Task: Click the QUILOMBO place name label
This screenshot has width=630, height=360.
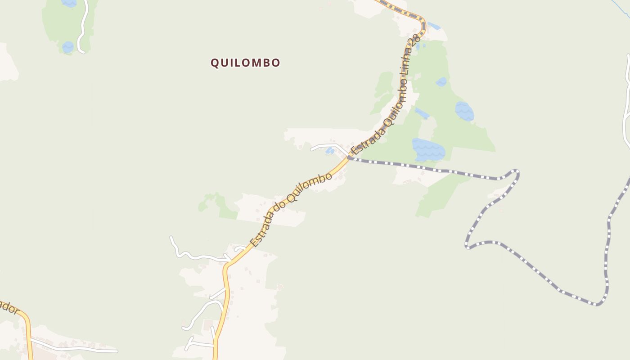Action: (246, 63)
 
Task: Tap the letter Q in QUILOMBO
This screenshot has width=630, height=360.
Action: (215, 63)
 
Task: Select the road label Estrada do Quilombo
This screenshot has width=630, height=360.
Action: (291, 210)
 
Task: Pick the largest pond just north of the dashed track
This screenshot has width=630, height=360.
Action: (428, 150)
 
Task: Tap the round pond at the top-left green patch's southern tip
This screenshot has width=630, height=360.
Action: (68, 47)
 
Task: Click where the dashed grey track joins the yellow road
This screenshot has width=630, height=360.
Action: (349, 157)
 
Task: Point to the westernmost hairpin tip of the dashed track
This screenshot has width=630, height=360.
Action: (467, 246)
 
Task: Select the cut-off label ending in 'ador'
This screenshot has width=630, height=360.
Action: (9, 308)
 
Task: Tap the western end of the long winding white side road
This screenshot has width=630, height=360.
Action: (171, 238)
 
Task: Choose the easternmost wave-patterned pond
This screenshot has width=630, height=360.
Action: (464, 111)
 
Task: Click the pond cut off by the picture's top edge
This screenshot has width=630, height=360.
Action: (69, 3)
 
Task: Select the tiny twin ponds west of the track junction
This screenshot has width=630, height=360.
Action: (330, 150)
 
